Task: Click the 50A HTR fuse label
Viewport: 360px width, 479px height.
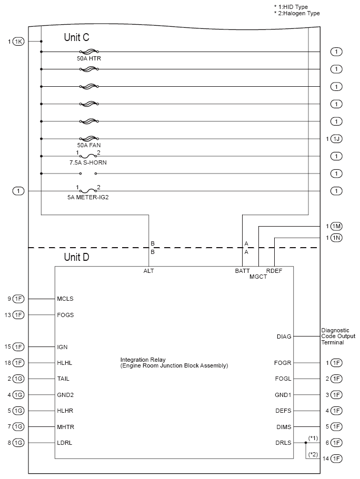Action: (89, 59)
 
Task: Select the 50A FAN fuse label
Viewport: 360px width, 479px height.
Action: (89, 146)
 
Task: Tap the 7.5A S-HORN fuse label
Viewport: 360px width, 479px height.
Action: (88, 163)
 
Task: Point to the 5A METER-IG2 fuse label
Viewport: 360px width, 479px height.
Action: (88, 198)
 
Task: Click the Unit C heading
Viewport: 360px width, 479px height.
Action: (77, 37)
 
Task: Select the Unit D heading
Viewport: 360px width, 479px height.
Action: (77, 257)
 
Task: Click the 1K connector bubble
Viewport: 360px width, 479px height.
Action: (18, 42)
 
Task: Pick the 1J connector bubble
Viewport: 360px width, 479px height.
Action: (337, 139)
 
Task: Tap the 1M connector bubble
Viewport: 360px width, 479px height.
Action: (337, 226)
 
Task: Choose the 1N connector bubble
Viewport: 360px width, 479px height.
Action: (337, 238)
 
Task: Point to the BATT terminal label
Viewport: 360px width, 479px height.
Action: (242, 271)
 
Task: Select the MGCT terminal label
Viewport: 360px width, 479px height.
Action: (258, 277)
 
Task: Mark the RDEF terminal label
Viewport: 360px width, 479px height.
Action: (274, 271)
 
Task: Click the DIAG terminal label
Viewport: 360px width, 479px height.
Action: (284, 336)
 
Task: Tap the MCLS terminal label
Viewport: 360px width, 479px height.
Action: (65, 299)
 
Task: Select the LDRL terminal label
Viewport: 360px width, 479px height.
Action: (64, 443)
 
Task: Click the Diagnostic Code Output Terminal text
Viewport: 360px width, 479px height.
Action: (338, 336)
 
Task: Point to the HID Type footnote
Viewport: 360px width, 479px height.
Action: (291, 6)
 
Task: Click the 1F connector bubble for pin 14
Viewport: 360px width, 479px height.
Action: (337, 459)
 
